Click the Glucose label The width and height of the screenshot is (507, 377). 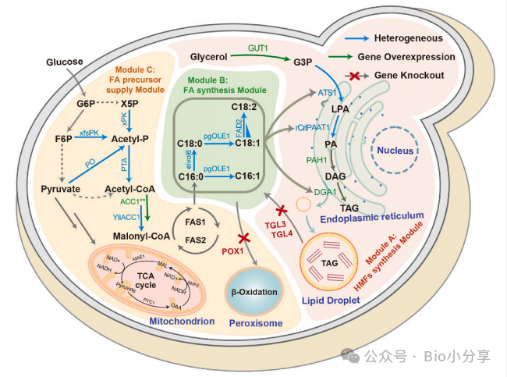pyautogui.click(x=65, y=61)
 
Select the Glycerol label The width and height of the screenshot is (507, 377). pyautogui.click(x=208, y=58)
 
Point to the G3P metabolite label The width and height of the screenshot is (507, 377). pyautogui.click(x=304, y=62)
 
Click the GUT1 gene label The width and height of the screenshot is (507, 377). pyautogui.click(x=258, y=48)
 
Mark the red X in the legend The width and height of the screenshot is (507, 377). pyautogui.click(x=356, y=76)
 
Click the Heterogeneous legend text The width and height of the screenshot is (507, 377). pyautogui.click(x=407, y=38)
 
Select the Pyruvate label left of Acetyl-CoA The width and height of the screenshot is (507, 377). pyautogui.click(x=60, y=189)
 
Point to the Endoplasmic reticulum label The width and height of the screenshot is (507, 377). pyautogui.click(x=371, y=215)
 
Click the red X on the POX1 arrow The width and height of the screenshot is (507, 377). pyautogui.click(x=243, y=237)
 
